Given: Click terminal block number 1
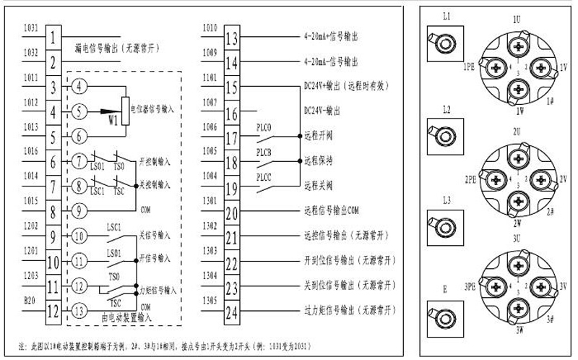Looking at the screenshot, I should tap(53, 35).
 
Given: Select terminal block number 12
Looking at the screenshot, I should tap(53, 312).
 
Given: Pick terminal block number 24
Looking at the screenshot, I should tap(232, 313).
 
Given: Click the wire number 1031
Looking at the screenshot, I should tap(31, 28).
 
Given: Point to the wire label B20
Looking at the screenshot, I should tap(30, 299).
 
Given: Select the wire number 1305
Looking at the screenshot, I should tap(210, 299).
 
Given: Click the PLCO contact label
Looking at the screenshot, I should tap(264, 127).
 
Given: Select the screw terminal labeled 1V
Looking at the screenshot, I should tap(543, 67).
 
